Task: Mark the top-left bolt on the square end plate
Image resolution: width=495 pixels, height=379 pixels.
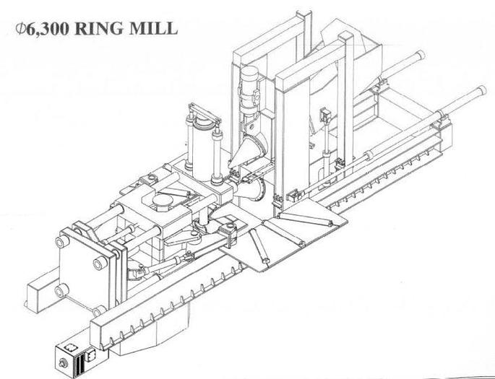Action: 68,234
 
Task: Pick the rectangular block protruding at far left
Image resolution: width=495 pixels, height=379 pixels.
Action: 35,293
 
